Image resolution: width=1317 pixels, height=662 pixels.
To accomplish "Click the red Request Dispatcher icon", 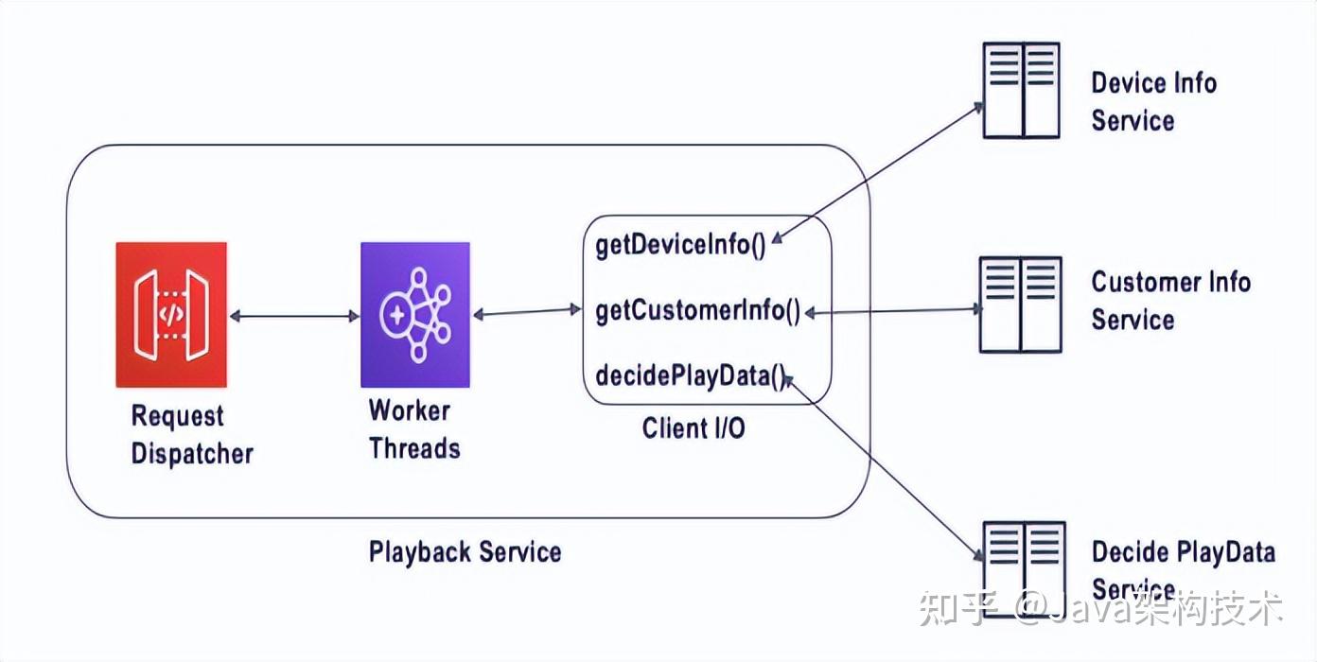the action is click(x=171, y=315).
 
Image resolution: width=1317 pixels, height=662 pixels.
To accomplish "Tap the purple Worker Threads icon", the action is click(x=415, y=315).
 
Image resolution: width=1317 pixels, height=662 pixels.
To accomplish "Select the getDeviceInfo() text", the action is click(x=680, y=245).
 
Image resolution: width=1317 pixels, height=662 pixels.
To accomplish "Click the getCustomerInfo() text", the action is click(x=698, y=311).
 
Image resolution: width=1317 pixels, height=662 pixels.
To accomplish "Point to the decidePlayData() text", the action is click(x=691, y=376).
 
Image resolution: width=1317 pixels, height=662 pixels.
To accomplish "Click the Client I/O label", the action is click(x=694, y=428).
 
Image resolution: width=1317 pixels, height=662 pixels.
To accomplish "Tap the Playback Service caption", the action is click(x=465, y=552).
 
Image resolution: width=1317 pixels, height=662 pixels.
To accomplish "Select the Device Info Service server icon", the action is click(x=1022, y=91).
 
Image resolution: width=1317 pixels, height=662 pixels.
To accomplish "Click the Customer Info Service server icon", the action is click(x=1021, y=305).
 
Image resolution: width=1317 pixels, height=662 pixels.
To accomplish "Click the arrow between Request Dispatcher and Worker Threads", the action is click(x=294, y=316).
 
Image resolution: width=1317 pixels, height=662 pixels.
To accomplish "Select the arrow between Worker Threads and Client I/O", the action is click(x=527, y=312).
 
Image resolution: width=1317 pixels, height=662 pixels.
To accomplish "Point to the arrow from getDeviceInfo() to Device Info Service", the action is click(x=877, y=173).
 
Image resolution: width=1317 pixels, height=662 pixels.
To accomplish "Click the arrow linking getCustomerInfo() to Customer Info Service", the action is click(x=892, y=311).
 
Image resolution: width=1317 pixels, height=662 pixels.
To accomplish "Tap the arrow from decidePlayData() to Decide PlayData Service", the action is click(x=884, y=468).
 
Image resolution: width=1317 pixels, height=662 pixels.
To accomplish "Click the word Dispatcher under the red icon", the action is click(x=192, y=454).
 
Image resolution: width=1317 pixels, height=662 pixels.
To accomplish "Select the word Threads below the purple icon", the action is click(x=414, y=448).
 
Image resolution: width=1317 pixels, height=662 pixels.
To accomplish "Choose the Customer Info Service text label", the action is click(x=1170, y=301).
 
